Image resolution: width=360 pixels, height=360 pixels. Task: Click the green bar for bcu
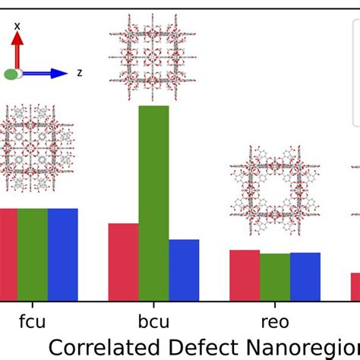click(x=153, y=203)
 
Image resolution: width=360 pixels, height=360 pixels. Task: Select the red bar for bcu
click(x=123, y=262)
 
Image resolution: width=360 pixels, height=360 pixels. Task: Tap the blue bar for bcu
click(x=184, y=270)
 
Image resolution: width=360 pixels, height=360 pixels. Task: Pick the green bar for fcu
click(x=32, y=254)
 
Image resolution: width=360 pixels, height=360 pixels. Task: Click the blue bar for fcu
click(x=62, y=254)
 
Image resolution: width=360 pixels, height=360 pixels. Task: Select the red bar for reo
click(x=245, y=275)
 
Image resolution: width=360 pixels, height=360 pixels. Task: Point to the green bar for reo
click(x=275, y=276)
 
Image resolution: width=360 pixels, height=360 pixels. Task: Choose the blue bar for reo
click(x=305, y=276)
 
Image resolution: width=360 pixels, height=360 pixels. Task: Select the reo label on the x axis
click(x=274, y=323)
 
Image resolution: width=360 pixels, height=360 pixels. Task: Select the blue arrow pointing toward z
click(x=47, y=74)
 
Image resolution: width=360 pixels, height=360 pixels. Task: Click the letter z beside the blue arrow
click(x=79, y=73)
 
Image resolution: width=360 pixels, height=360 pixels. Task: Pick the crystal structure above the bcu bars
click(x=153, y=57)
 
